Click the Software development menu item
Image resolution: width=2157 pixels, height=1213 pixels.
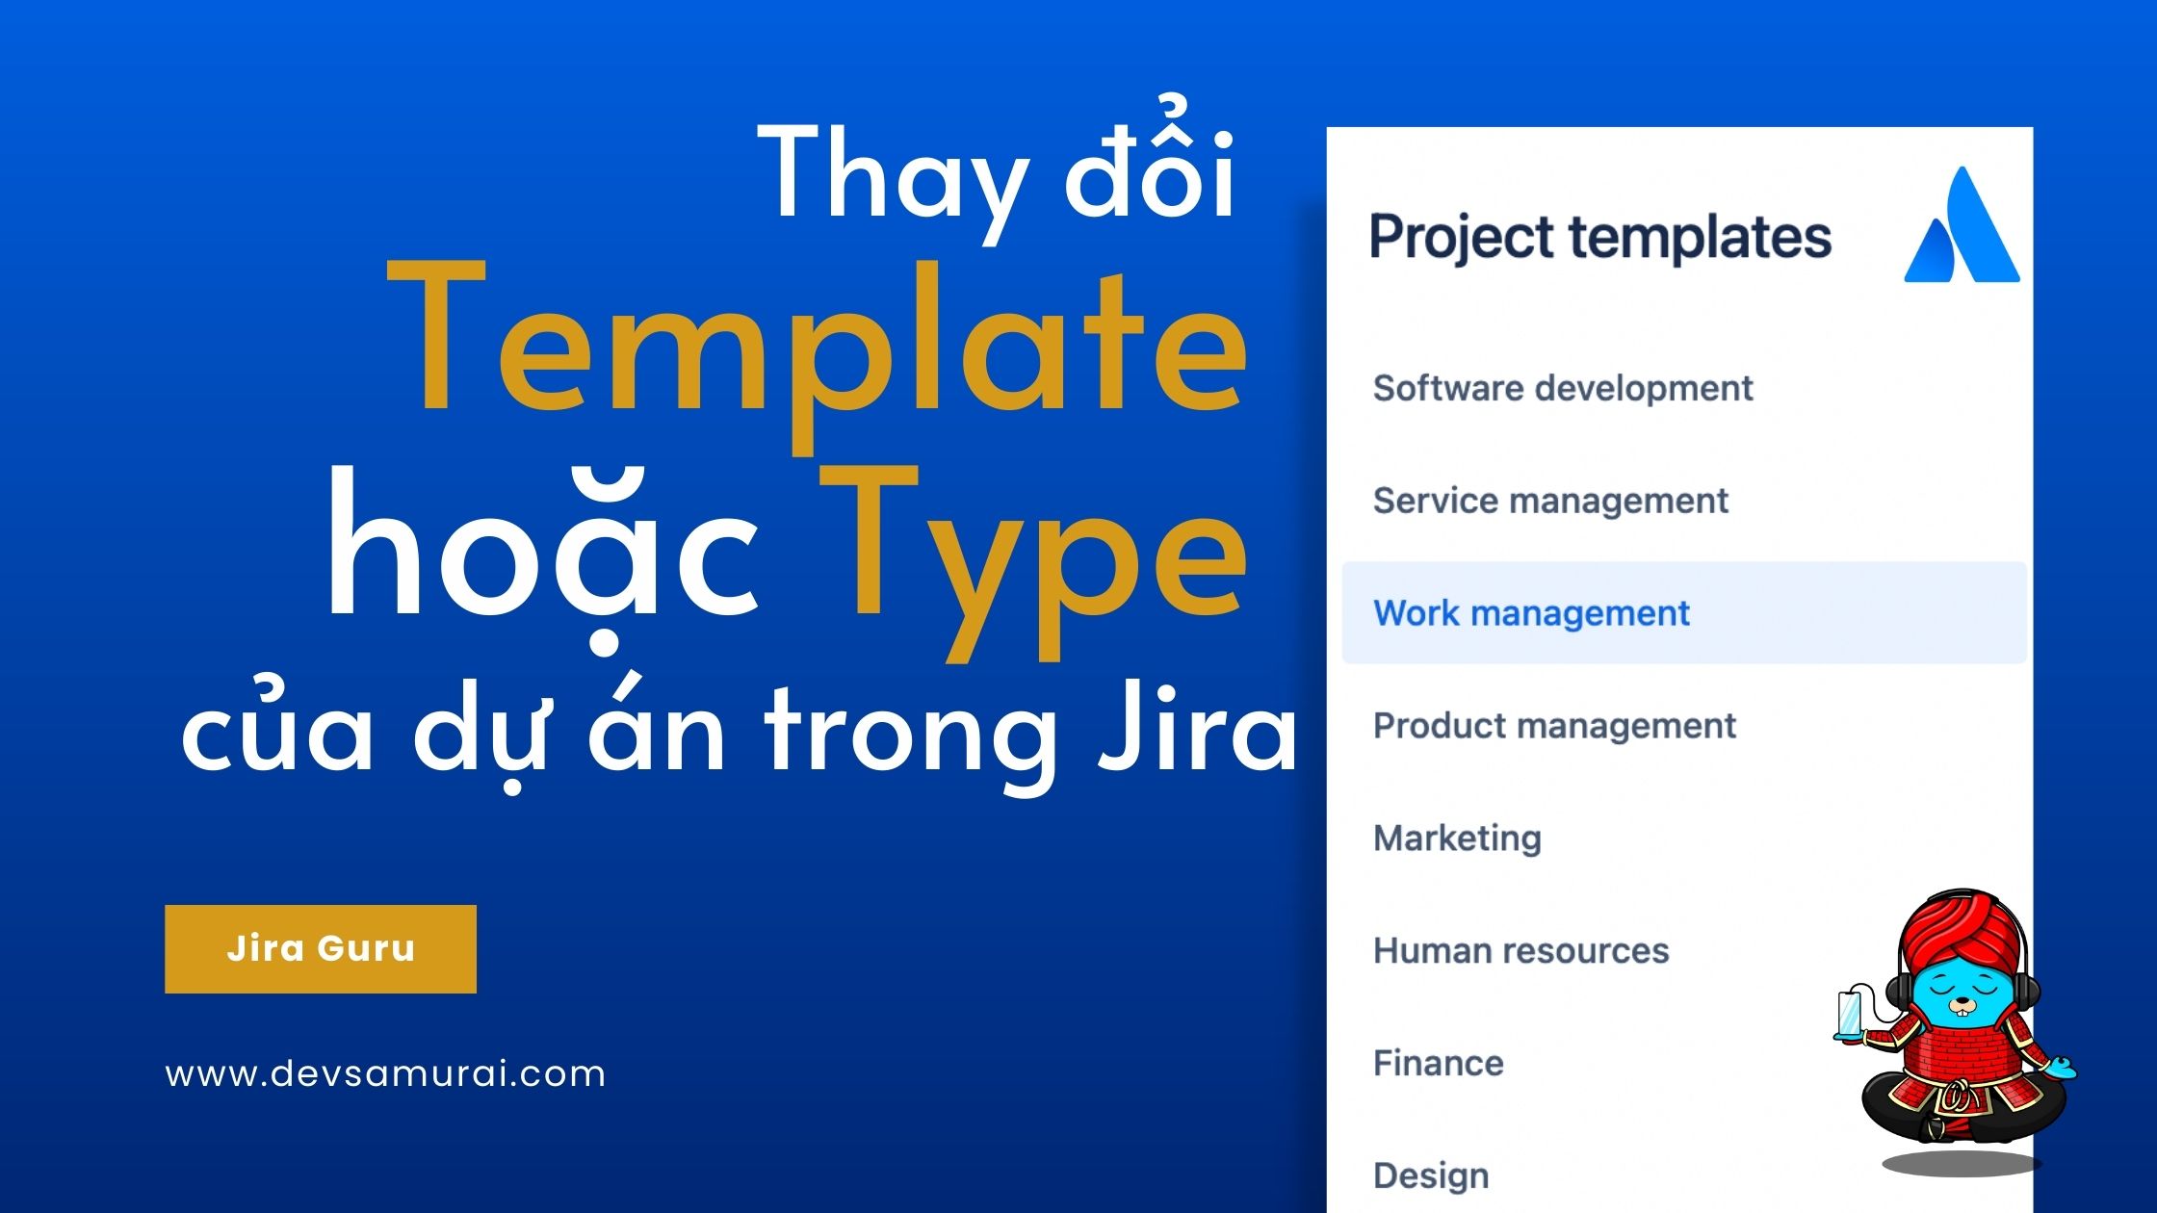point(1562,389)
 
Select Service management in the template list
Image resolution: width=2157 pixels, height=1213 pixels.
point(1550,501)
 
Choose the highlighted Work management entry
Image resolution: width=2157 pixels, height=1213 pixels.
point(1684,612)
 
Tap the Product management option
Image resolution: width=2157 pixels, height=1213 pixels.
point(1554,726)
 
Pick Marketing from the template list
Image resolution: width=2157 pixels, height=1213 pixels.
point(1457,839)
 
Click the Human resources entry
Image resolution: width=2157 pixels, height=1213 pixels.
point(1520,951)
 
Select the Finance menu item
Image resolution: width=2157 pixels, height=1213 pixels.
point(1438,1064)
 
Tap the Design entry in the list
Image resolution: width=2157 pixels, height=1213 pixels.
point(1431,1176)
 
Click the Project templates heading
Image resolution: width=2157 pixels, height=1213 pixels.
point(1599,238)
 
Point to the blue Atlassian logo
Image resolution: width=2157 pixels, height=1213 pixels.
point(1962,225)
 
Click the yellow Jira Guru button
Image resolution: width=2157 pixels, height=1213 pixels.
point(321,949)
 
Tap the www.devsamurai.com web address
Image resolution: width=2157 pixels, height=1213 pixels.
point(385,1073)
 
